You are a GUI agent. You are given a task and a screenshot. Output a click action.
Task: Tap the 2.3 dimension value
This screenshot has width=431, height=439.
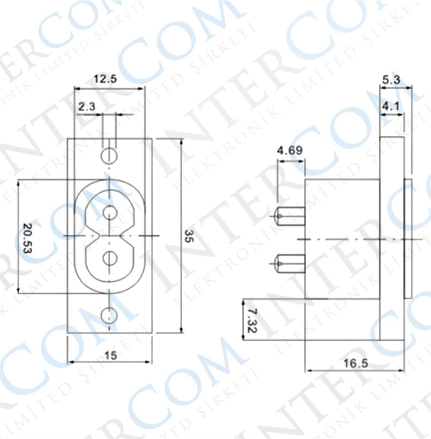pos(87,106)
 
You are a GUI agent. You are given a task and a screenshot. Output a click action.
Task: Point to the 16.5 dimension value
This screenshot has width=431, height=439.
pos(356,363)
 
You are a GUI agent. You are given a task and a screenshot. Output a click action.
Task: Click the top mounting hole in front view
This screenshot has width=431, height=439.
pos(109,156)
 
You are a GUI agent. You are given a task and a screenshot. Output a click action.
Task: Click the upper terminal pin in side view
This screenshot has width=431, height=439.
pos(290,215)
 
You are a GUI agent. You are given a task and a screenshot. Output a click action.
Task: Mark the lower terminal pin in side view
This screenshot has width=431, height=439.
pos(290,263)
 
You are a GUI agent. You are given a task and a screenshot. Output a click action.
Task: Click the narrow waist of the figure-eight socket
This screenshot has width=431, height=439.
pos(110,236)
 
